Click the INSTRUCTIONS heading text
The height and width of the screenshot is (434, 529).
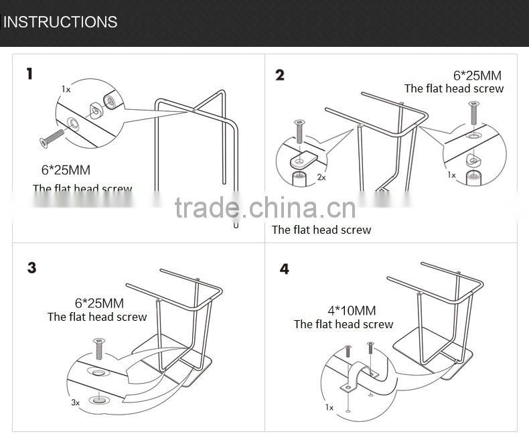(x=60, y=21)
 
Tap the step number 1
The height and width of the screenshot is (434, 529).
(x=29, y=74)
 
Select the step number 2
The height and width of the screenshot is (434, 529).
(x=280, y=74)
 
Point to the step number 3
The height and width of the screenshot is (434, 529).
(x=31, y=268)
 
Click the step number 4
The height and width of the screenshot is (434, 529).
(x=285, y=269)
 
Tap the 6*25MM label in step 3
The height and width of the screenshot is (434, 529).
(x=99, y=303)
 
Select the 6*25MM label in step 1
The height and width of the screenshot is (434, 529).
(x=66, y=171)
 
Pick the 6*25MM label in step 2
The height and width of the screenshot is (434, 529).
(x=477, y=76)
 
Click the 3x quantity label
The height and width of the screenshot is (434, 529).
(x=75, y=403)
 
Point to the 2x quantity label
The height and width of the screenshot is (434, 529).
(x=321, y=177)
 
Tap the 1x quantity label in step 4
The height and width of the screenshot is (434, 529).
(x=329, y=407)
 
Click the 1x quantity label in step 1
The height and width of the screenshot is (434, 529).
(x=66, y=89)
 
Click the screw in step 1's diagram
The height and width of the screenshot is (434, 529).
(x=52, y=137)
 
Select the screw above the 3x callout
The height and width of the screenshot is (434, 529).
(x=98, y=348)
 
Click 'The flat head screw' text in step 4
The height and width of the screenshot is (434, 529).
(x=344, y=324)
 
